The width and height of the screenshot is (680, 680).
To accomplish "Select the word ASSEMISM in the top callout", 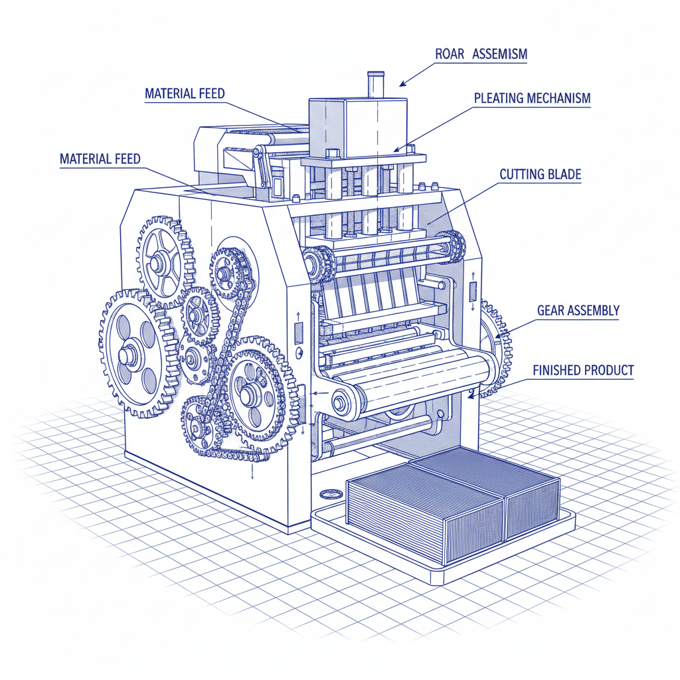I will coord(499,54).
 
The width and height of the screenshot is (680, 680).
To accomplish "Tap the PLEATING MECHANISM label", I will coord(532,98).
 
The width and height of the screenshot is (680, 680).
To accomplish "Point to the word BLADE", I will coord(565,175).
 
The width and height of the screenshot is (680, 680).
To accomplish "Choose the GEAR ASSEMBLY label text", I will coord(578,310).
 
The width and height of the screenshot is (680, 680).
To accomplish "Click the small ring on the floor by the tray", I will coord(329,494).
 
